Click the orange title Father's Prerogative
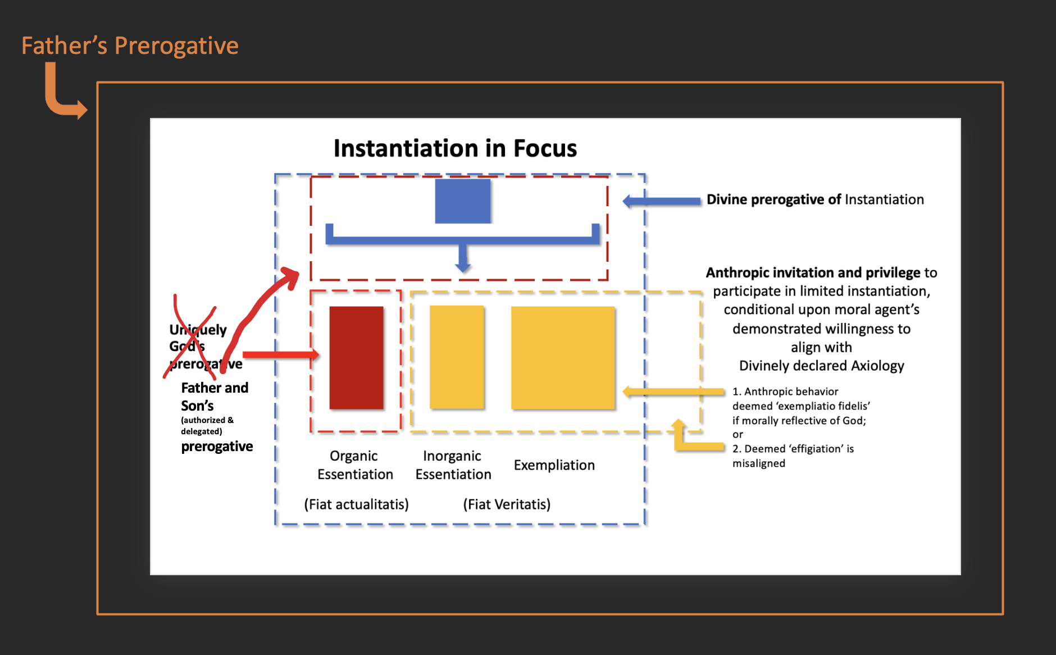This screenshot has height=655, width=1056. [130, 46]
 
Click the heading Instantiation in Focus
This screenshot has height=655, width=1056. [455, 148]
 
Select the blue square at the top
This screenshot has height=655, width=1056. [462, 201]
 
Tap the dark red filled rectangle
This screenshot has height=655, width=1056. [356, 357]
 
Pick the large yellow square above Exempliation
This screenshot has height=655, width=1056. [562, 357]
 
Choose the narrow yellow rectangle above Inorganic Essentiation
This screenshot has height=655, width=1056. [456, 357]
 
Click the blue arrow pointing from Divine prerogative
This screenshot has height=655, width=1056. [662, 201]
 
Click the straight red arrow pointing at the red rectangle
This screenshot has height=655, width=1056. [280, 354]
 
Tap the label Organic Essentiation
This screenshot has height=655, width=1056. [354, 465]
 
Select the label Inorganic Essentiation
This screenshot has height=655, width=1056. [453, 465]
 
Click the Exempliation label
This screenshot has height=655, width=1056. [554, 465]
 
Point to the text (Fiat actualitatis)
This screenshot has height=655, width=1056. [356, 504]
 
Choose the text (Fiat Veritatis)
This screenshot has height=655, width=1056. [506, 504]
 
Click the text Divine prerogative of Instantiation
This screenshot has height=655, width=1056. [814, 199]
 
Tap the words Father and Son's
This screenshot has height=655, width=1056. [214, 397]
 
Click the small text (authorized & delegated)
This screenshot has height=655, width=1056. [207, 425]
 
